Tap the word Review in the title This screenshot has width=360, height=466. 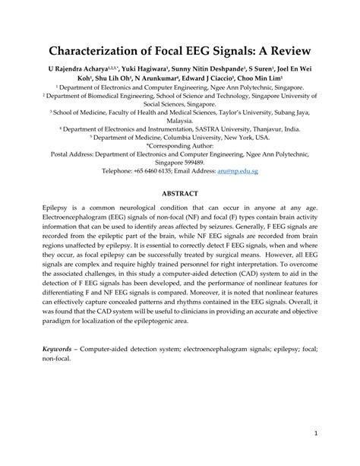(281, 53)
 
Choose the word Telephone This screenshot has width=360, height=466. (118, 172)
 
